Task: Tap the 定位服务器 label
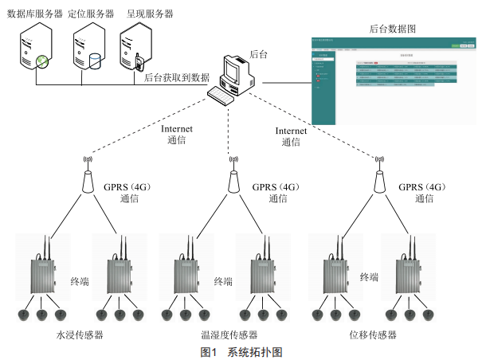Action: tap(89, 14)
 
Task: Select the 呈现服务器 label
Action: tap(149, 14)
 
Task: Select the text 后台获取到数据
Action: tap(175, 77)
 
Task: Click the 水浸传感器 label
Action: tap(80, 335)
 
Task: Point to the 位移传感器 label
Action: tap(373, 335)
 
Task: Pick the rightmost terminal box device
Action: tap(411, 271)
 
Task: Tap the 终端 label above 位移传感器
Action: tap(369, 277)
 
